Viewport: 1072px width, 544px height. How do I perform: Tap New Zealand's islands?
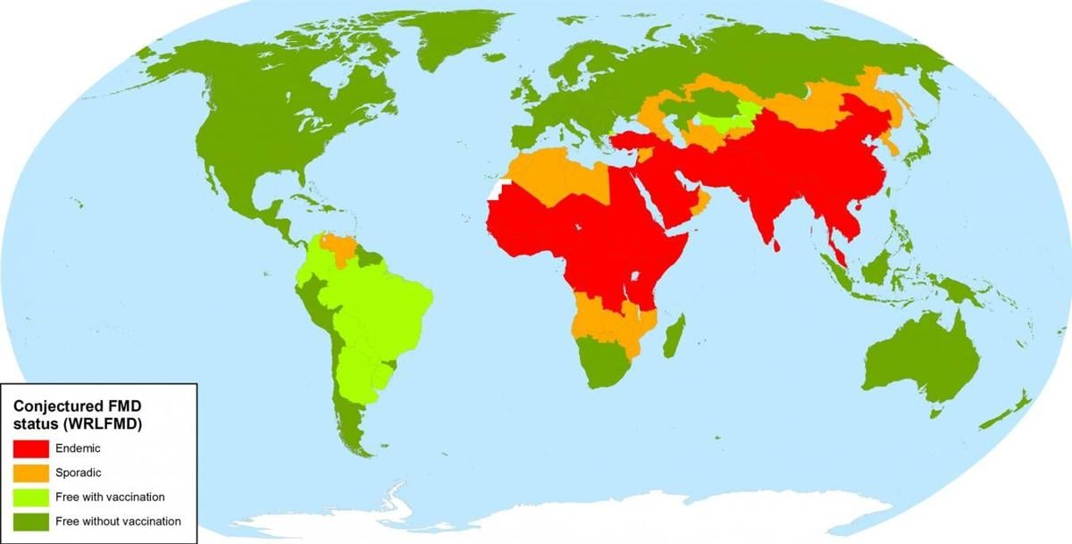tap(1018, 406)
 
